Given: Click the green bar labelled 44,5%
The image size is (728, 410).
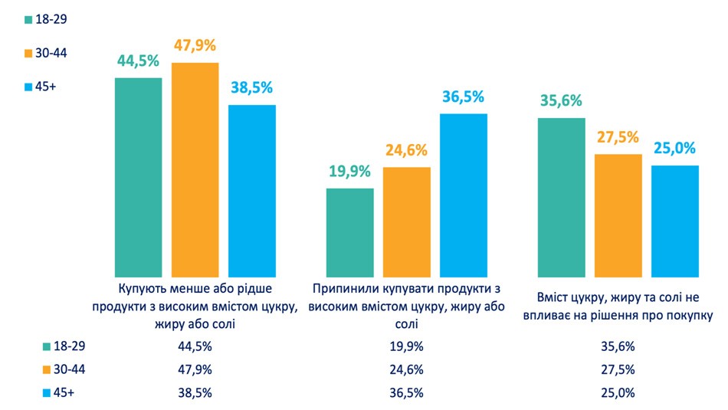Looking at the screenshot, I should coord(138,177).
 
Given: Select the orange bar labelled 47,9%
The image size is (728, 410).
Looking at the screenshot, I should coord(195,169).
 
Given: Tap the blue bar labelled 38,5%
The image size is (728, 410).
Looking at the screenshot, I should coord(252,191).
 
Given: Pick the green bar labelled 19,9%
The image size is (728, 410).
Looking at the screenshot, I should coord(349,232).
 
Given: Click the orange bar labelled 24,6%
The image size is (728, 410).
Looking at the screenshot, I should coord(406,221).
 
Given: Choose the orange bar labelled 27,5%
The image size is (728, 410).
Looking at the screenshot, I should coord(618,215).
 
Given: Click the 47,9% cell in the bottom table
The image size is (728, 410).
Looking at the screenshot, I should coord(195,369).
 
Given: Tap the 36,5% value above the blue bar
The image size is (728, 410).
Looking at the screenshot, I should coord(463,97).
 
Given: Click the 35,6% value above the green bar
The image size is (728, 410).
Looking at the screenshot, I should coord(561,101).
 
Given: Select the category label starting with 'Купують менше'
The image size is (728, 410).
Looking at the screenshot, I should coord(195,306).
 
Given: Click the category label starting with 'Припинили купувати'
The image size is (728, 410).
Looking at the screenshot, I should coord(406,306).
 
